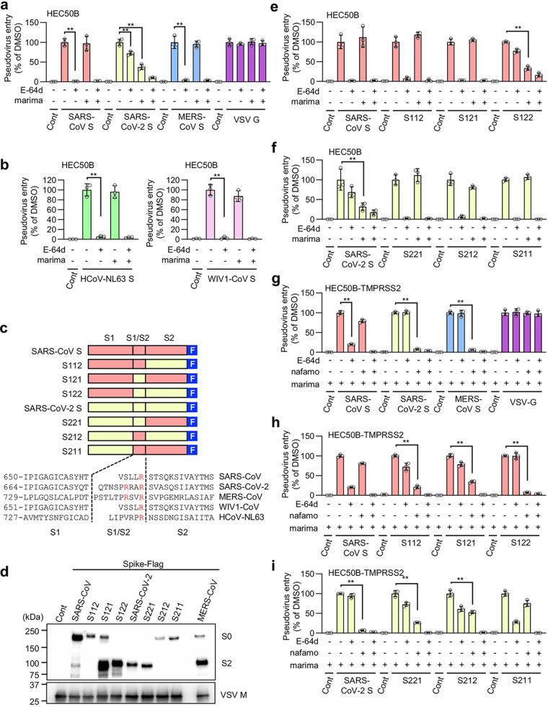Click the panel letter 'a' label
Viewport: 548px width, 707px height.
pos(6,6)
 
